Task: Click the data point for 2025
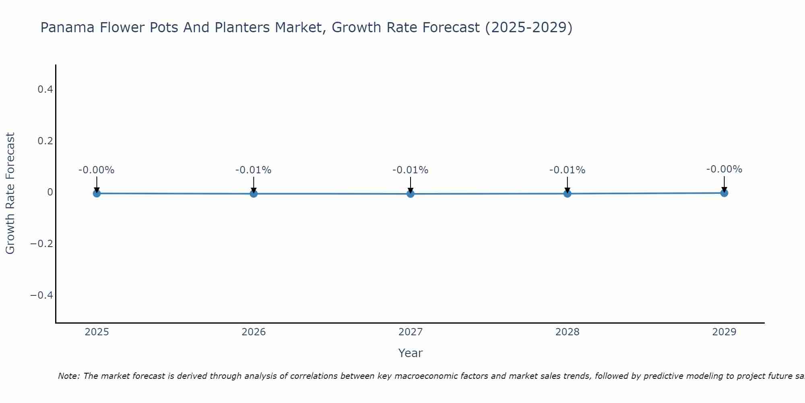click(x=97, y=193)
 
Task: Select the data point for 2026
click(x=254, y=194)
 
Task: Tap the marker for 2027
click(x=411, y=194)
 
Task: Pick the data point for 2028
click(x=567, y=194)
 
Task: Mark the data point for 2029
click(x=724, y=193)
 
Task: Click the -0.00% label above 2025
click(x=97, y=170)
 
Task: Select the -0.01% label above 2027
click(x=411, y=170)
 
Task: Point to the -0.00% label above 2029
click(x=724, y=169)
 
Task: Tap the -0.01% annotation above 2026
click(x=254, y=170)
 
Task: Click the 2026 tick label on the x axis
click(x=254, y=332)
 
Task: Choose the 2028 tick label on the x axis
click(x=567, y=332)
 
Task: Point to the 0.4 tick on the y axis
click(x=45, y=89)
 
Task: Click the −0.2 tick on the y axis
click(x=42, y=244)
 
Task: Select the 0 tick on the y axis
click(x=50, y=192)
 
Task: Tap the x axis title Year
click(x=410, y=353)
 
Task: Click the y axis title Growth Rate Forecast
click(x=10, y=193)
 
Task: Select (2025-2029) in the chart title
click(x=528, y=27)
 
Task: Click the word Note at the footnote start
click(x=68, y=376)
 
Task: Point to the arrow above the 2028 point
click(x=567, y=184)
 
